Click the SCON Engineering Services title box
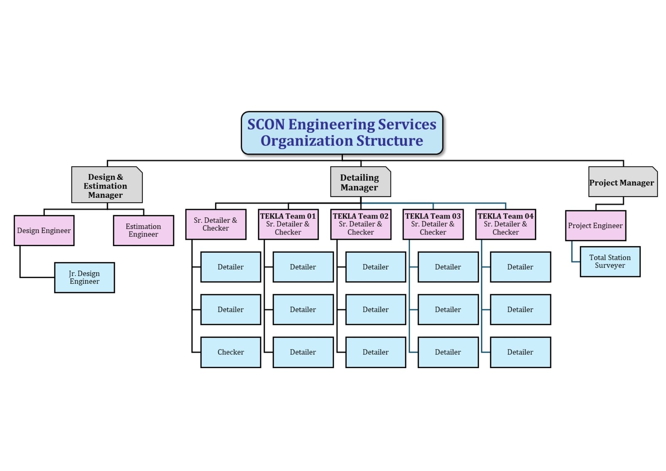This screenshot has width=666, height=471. pyautogui.click(x=342, y=133)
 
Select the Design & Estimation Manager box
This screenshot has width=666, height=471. pyautogui.click(x=107, y=185)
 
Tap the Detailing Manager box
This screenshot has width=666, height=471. pyautogui.click(x=360, y=182)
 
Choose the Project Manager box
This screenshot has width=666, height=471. pyautogui.click(x=622, y=182)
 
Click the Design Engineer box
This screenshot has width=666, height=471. pyautogui.click(x=44, y=230)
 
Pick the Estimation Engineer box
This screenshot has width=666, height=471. pyautogui.click(x=143, y=230)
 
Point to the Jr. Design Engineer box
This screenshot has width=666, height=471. pyautogui.click(x=84, y=277)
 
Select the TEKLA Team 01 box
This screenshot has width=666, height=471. pyautogui.click(x=288, y=224)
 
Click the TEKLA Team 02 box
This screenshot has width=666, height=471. pyautogui.click(x=360, y=224)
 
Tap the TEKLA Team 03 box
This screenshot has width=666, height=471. pyautogui.click(x=433, y=224)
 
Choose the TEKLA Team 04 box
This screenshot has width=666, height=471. pyautogui.click(x=505, y=224)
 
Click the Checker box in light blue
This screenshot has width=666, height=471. pyautogui.click(x=231, y=352)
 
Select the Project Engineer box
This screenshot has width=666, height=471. pyautogui.click(x=595, y=225)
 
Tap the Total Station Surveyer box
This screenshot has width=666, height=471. pyautogui.click(x=610, y=262)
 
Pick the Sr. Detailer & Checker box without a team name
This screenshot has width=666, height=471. pyautogui.click(x=216, y=224)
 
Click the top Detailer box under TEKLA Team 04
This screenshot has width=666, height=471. pyautogui.click(x=520, y=267)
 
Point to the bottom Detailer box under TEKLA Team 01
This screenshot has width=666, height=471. pyautogui.click(x=303, y=352)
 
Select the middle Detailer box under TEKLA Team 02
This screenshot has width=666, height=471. pyautogui.click(x=375, y=309)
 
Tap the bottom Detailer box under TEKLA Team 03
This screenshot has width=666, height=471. pyautogui.click(x=448, y=352)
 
